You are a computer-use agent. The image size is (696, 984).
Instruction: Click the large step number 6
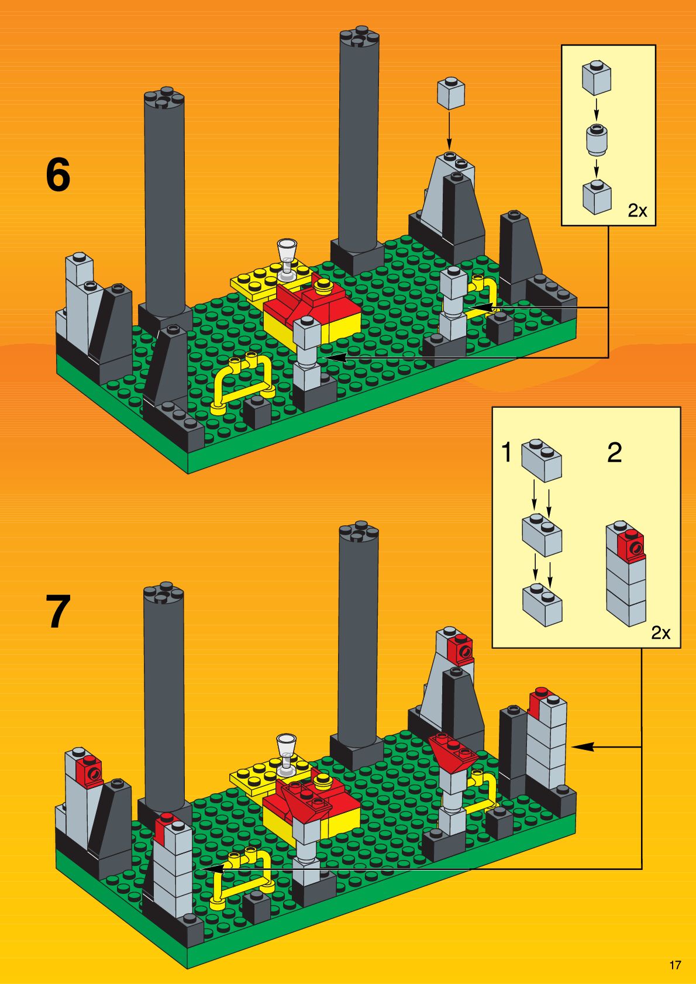[x=58, y=175]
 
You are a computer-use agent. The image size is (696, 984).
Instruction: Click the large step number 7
[x=58, y=611]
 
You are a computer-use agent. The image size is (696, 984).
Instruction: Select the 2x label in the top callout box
[x=638, y=211]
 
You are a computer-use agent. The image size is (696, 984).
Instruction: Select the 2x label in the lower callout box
[x=661, y=632]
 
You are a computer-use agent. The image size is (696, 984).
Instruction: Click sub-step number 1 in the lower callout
[x=507, y=452]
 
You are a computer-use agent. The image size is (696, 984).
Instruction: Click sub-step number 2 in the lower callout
[x=614, y=453]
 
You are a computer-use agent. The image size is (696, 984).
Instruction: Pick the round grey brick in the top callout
[x=596, y=139]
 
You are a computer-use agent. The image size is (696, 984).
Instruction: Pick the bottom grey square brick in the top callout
[x=597, y=197]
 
